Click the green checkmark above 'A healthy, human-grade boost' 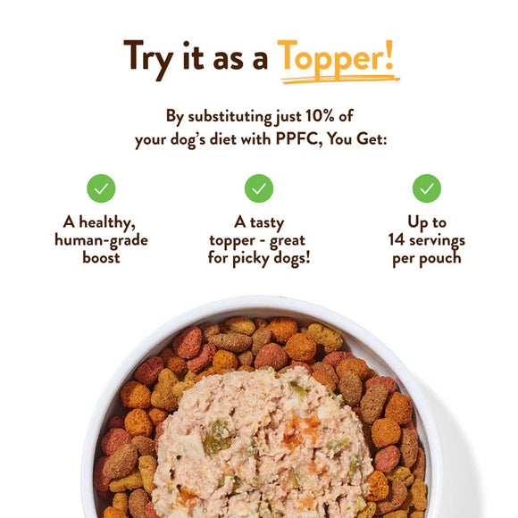(101, 188)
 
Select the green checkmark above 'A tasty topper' (258, 188)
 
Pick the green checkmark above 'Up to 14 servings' (426, 188)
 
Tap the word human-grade (101, 240)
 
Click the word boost (101, 258)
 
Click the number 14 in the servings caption (397, 240)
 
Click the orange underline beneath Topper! (338, 79)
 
